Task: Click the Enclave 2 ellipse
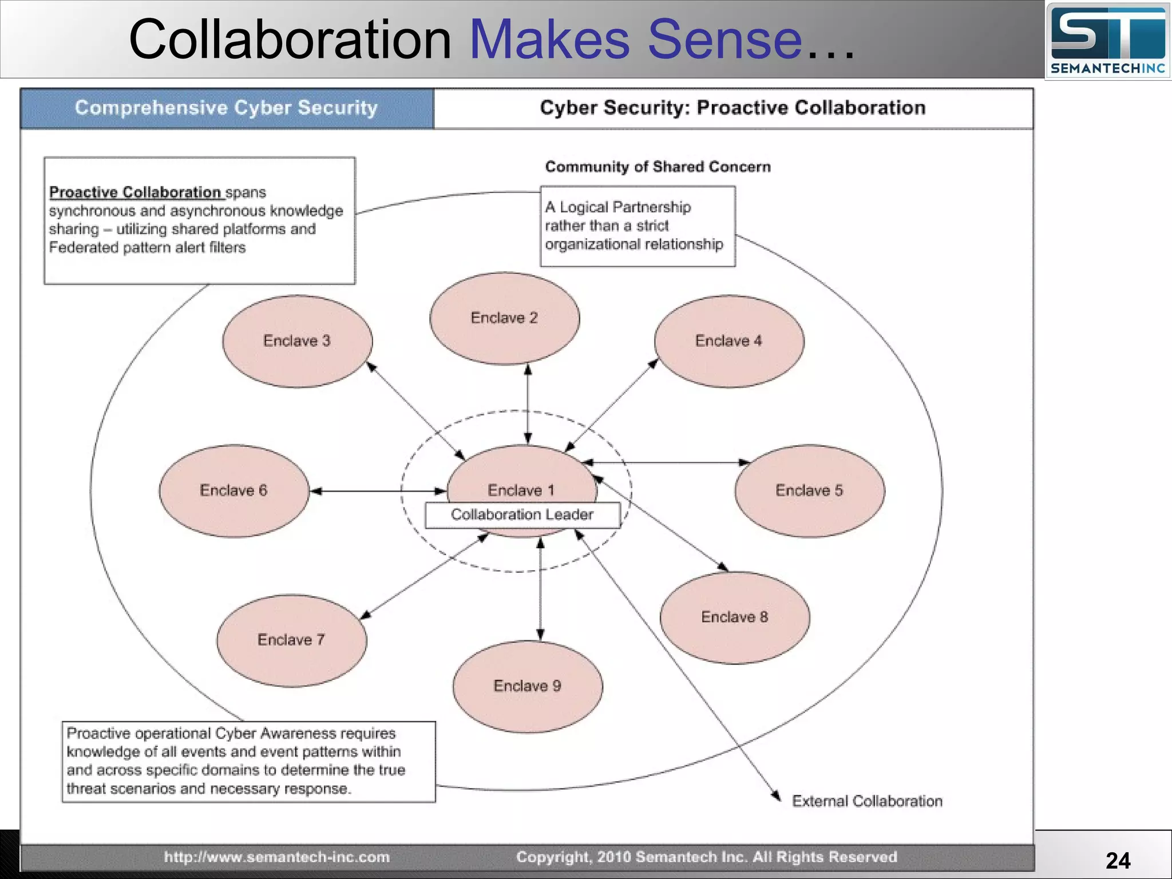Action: [x=504, y=318]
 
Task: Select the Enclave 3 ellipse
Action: [x=297, y=341]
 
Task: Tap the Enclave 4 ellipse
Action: [x=728, y=341]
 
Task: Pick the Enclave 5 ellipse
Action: [x=809, y=490]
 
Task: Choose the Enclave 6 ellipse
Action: [x=233, y=490]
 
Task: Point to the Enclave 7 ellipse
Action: [x=291, y=640]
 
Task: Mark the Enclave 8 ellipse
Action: [x=735, y=617]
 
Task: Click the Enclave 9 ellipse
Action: [x=527, y=686]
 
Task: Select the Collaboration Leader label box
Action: [x=522, y=514]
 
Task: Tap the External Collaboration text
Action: [x=866, y=801]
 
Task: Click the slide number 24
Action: [x=1118, y=861]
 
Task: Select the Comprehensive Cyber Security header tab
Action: [x=227, y=108]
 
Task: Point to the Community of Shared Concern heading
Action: [x=658, y=167]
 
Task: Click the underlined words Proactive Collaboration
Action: [x=135, y=192]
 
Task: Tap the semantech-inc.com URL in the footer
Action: [x=277, y=857]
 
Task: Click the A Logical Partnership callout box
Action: [x=638, y=226]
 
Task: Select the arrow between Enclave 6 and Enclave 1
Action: [x=378, y=491]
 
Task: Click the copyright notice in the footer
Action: [x=706, y=857]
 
